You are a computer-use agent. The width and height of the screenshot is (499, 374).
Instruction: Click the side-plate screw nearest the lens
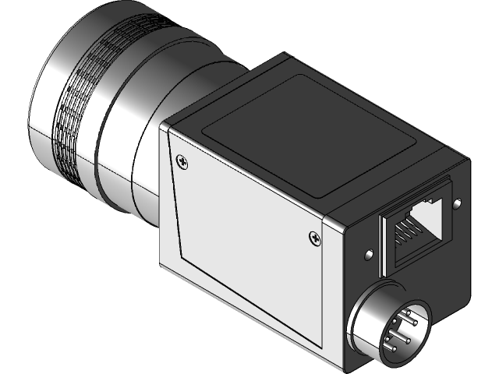(182, 161)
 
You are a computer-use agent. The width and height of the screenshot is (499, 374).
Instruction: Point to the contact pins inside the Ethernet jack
(405, 231)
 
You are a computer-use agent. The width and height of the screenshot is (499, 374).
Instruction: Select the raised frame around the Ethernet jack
(383, 242)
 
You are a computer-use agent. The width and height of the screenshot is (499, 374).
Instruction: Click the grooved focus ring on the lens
(78, 109)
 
